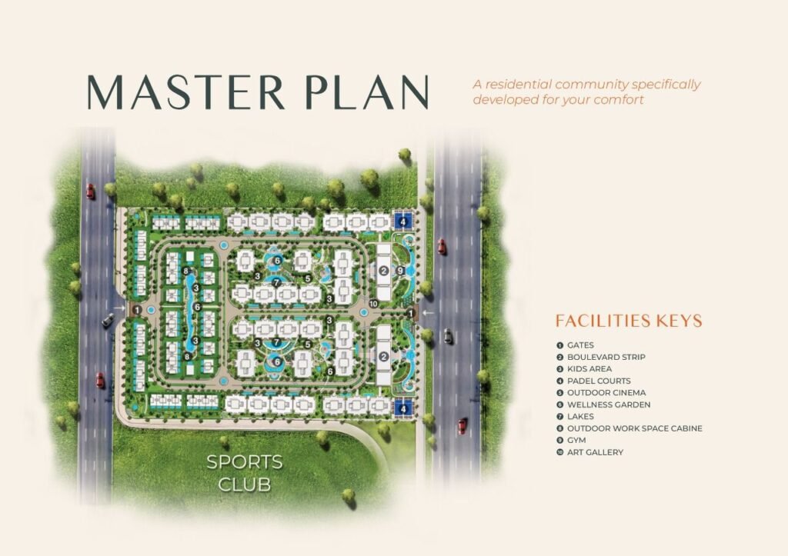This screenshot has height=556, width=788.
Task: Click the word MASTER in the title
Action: [x=186, y=92]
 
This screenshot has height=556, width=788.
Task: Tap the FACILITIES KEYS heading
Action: [x=629, y=321]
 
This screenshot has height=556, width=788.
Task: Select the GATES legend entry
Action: [x=575, y=345]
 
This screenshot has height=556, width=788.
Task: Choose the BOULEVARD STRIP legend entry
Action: [x=600, y=357]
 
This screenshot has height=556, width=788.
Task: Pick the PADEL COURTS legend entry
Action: [x=593, y=381]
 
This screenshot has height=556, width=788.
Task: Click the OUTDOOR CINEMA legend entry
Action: [x=601, y=393]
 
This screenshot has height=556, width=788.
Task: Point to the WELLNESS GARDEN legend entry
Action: [x=603, y=405]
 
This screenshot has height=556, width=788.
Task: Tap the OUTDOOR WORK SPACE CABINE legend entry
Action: [x=629, y=428]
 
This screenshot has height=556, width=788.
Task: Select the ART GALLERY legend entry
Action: [x=589, y=452]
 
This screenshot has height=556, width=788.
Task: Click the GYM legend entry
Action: [x=571, y=440]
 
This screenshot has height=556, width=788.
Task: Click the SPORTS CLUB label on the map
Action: [x=245, y=473]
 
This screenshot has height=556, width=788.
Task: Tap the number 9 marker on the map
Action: [x=400, y=271]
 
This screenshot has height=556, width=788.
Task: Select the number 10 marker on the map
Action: [x=373, y=304]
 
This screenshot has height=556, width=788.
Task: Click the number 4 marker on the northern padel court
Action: [x=402, y=221]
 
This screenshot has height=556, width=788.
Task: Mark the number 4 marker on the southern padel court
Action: [x=402, y=409]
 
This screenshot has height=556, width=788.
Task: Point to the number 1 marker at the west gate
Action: [x=137, y=311]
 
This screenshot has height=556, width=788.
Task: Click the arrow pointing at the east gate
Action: [x=428, y=313]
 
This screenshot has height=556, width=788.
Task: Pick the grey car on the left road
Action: [x=108, y=321]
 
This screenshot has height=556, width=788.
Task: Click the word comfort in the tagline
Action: [x=619, y=99]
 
